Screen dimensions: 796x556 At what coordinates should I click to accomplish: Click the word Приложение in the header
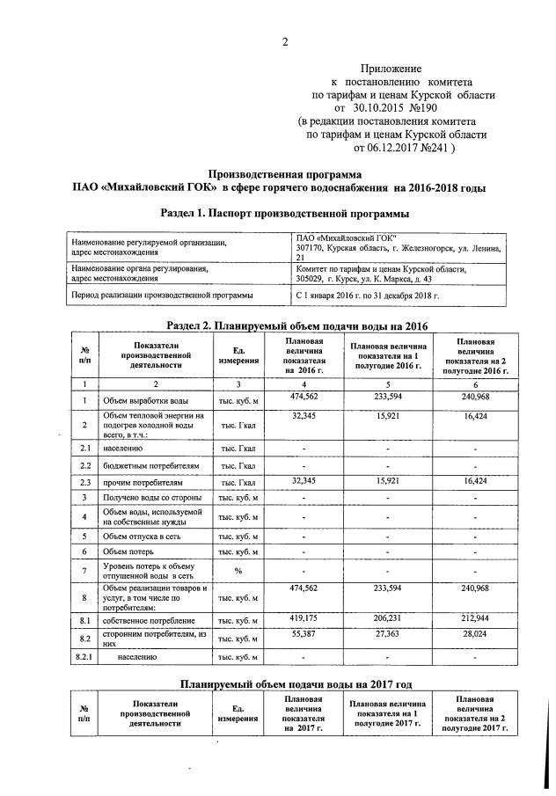pos(391,68)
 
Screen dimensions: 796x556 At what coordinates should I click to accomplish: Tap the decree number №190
pos(417,107)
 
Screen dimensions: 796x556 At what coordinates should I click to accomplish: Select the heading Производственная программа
pos(284,174)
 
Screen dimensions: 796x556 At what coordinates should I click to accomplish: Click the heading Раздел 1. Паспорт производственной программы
pos(285,214)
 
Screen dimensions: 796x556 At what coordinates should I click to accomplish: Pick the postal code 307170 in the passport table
pos(312,248)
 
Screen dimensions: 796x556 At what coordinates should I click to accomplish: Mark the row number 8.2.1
pos(84,657)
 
